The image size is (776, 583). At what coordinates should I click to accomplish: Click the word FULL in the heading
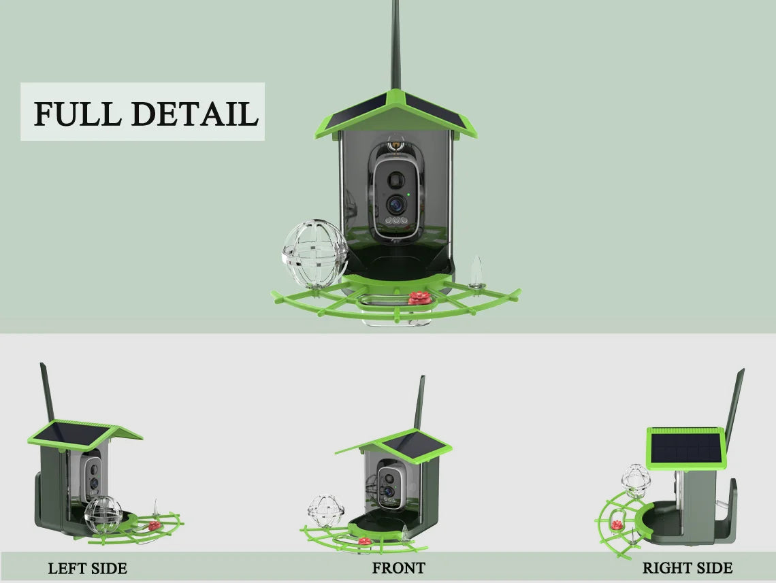tap(78, 113)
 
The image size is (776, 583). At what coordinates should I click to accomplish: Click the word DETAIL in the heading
tap(195, 113)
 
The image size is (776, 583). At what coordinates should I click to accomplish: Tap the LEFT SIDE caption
tap(88, 569)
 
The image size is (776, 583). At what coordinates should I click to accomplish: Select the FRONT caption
tap(398, 568)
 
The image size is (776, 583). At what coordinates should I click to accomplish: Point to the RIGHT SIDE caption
tap(688, 568)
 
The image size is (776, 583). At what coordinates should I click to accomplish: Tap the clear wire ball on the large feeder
tap(315, 254)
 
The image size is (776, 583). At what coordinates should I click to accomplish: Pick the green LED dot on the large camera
tap(408, 195)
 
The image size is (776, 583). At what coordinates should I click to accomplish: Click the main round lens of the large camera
tap(396, 203)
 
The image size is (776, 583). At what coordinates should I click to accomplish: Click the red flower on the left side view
tap(155, 525)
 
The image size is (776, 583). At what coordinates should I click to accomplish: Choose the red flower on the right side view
tap(617, 525)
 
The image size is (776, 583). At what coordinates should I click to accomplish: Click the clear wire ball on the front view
tap(325, 512)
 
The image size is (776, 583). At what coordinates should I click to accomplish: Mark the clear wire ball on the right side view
tap(636, 481)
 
